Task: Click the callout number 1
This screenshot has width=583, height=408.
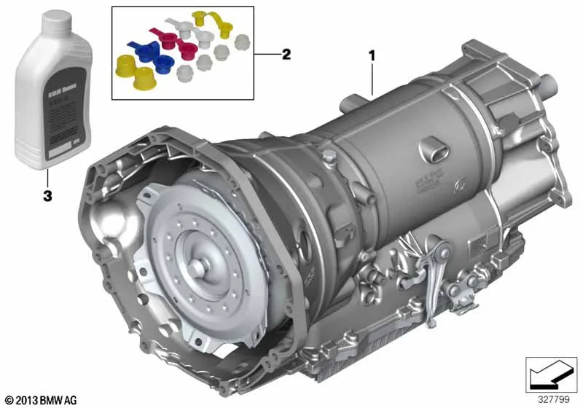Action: (x=373, y=54)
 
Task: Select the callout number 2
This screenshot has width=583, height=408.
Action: (x=286, y=54)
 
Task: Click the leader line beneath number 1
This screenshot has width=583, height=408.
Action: (x=373, y=80)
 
